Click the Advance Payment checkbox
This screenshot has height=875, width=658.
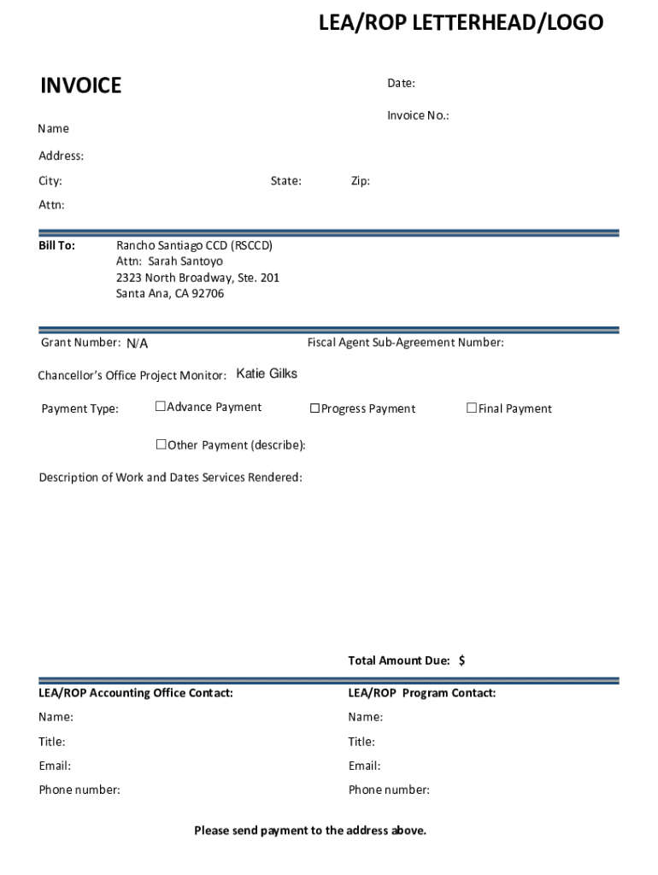(x=160, y=407)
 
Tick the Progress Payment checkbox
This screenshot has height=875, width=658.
(x=314, y=408)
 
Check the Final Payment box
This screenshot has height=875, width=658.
(x=471, y=408)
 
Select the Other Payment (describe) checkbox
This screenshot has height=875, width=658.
(x=161, y=444)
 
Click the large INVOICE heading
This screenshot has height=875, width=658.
(x=81, y=85)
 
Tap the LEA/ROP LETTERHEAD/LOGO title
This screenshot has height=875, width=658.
(x=461, y=23)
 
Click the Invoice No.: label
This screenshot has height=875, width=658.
(x=418, y=115)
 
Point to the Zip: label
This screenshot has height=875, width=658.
(x=360, y=181)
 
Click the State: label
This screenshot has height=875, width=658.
(x=285, y=181)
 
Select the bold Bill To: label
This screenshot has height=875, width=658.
(x=56, y=245)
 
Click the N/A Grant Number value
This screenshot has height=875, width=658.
(x=138, y=344)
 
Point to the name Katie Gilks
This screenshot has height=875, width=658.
(x=267, y=374)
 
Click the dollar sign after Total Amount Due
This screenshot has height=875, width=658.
(x=461, y=661)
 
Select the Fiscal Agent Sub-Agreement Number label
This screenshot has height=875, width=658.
(x=405, y=343)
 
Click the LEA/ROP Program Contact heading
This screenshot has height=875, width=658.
(x=421, y=693)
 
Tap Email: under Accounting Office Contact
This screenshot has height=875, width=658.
(x=55, y=766)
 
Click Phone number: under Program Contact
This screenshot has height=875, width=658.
(x=389, y=790)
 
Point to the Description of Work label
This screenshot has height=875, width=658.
(x=170, y=477)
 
